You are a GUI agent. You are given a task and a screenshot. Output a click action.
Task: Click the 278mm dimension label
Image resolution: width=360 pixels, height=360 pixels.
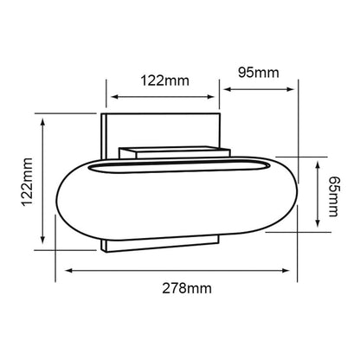[x=187, y=288]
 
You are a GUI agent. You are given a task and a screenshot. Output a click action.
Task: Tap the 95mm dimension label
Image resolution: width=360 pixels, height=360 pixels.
[x=259, y=73]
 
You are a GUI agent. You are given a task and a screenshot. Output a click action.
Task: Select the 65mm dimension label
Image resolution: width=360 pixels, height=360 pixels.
[x=334, y=196]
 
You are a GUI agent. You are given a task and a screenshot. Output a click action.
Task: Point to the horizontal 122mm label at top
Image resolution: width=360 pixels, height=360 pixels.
[x=164, y=80]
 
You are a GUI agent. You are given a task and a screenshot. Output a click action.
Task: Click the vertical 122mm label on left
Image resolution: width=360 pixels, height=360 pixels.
[x=28, y=182]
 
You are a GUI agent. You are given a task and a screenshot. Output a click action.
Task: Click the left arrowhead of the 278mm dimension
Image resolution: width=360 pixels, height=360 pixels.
[x=68, y=271]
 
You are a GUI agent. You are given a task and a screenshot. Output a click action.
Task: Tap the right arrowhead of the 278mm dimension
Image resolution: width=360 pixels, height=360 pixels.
[x=286, y=271]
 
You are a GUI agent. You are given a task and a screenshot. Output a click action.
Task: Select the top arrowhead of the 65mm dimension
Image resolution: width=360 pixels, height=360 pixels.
[x=318, y=165]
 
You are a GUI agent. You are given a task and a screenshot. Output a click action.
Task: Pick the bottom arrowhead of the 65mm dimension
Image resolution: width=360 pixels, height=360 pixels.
[x=318, y=223]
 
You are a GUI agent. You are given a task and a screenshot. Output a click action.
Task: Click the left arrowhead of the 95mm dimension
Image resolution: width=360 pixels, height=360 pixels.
[x=228, y=89]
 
